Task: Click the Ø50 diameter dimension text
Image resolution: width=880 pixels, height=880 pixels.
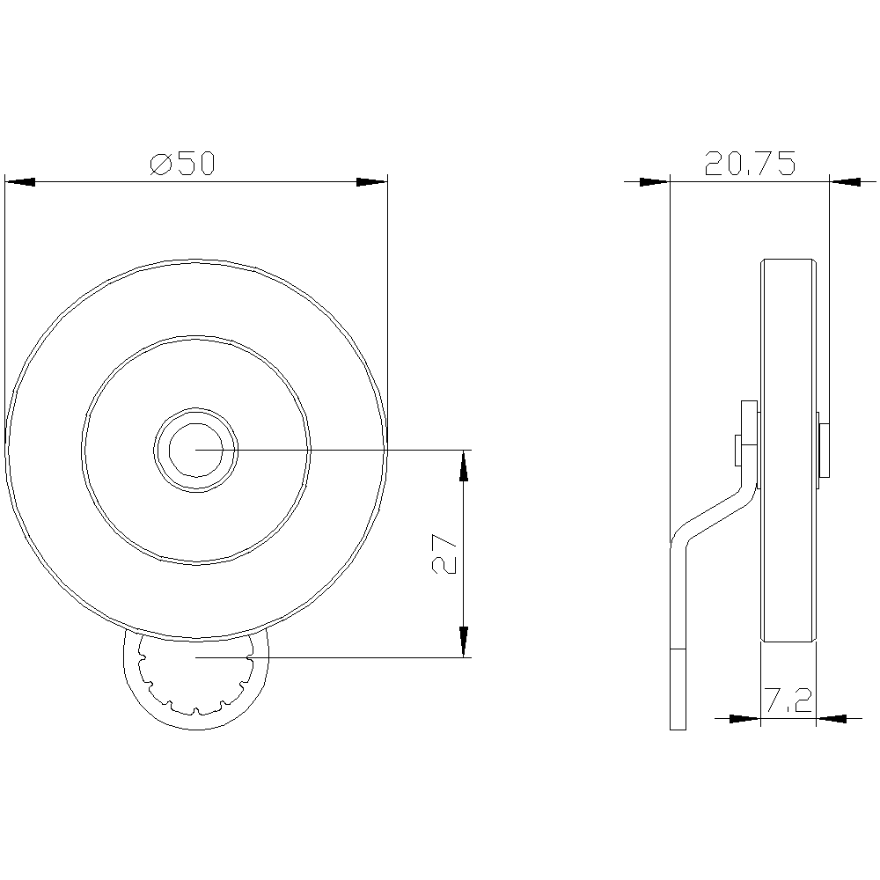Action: [x=183, y=164]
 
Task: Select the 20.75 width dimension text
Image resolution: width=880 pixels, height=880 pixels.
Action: [x=750, y=164]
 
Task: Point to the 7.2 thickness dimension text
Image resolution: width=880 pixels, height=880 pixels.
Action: [x=788, y=701]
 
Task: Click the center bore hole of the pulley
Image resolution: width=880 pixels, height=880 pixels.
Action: [x=195, y=449]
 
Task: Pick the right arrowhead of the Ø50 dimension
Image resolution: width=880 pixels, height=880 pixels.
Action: [x=371, y=182]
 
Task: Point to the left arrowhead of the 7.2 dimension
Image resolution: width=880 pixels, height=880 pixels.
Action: [x=744, y=719]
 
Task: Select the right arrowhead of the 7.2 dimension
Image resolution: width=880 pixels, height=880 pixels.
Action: [x=832, y=719]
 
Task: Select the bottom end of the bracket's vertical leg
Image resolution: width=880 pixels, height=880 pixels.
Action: [x=677, y=723]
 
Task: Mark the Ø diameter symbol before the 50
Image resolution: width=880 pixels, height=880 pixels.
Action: [x=160, y=164]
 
